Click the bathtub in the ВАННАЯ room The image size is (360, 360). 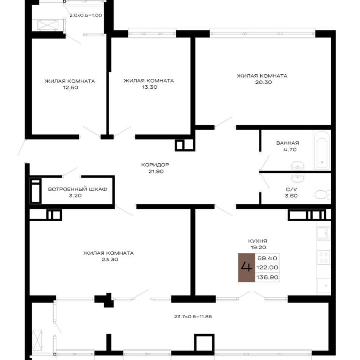point(322,150)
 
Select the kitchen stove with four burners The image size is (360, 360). point(324,258)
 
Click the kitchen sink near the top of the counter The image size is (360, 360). point(324,233)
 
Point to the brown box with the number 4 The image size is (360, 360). point(247,268)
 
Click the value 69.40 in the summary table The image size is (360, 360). point(267,258)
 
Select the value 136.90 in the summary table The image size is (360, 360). point(267,277)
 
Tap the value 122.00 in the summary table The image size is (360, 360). point(267,268)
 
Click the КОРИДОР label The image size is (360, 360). point(155,164)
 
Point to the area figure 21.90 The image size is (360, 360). point(156,171)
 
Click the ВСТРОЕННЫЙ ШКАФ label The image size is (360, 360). point(78,189)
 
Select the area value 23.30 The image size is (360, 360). point(110,260)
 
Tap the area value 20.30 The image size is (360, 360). point(263,82)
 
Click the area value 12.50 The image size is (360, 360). point(70,88)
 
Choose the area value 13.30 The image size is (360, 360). point(149,87)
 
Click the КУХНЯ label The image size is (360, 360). point(258,241)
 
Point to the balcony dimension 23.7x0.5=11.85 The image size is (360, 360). point(193,316)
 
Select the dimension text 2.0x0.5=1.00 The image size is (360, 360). point(86,16)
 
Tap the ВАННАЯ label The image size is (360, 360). point(288,143)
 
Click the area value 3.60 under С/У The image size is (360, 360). point(291,196)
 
